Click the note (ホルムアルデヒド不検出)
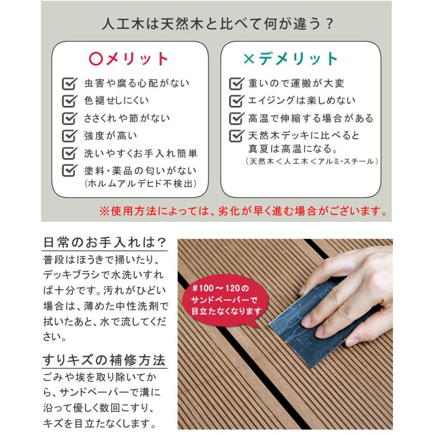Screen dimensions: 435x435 (140, 184)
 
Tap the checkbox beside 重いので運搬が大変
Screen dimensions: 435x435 (236, 84)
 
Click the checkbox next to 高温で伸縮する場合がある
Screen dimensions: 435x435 (236, 118)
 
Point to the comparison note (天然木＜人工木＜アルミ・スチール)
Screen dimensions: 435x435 (311, 161)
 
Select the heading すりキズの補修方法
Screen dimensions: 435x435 (104, 360)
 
